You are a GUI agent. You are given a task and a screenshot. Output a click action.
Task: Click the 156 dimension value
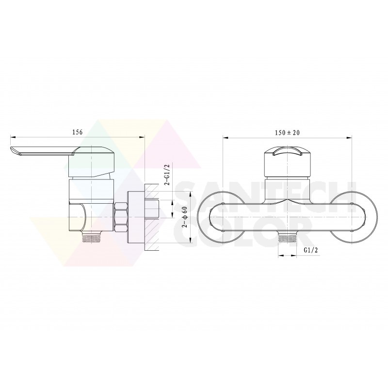[x=77, y=132]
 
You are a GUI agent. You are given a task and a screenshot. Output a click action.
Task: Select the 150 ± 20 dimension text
[x=287, y=132]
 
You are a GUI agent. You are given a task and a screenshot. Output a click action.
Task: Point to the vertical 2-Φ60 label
[x=185, y=217]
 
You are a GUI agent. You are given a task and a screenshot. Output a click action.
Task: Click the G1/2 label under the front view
[x=311, y=250]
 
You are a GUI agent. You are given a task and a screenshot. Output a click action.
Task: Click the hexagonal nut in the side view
[x=121, y=217]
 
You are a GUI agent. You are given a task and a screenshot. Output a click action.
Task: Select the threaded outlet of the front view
[x=287, y=238]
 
